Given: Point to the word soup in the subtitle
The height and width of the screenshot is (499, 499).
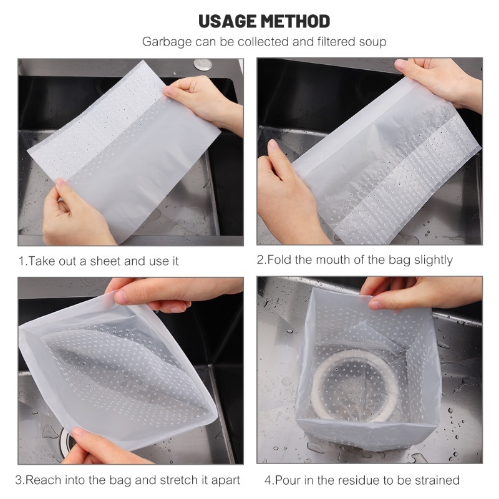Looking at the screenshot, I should coord(372,42).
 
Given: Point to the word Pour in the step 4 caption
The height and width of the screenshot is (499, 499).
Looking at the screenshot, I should coord(286,480).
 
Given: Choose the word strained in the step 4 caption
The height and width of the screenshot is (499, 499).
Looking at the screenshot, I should coord(437,480).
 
